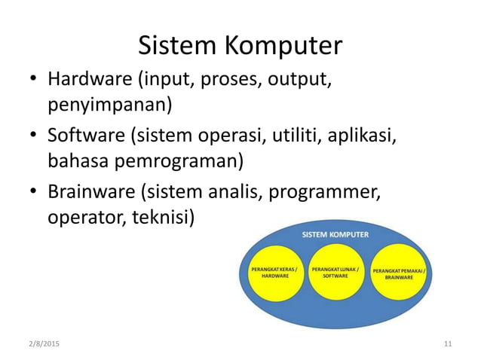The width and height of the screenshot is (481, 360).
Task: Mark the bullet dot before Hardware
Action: [x=34, y=80]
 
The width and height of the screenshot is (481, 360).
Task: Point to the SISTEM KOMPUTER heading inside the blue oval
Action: [x=335, y=234]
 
